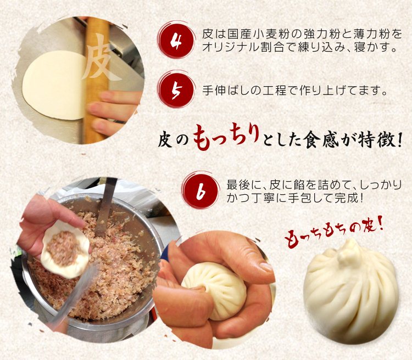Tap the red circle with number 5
pyautogui.click(x=176, y=90)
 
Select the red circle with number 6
pyautogui.click(x=201, y=191)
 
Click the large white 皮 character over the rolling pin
pyautogui.click(x=101, y=56)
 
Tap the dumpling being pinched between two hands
pyautogui.click(x=214, y=290)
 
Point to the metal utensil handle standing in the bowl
pyautogui.click(x=105, y=207)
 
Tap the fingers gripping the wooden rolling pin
pyautogui.click(x=113, y=113)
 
